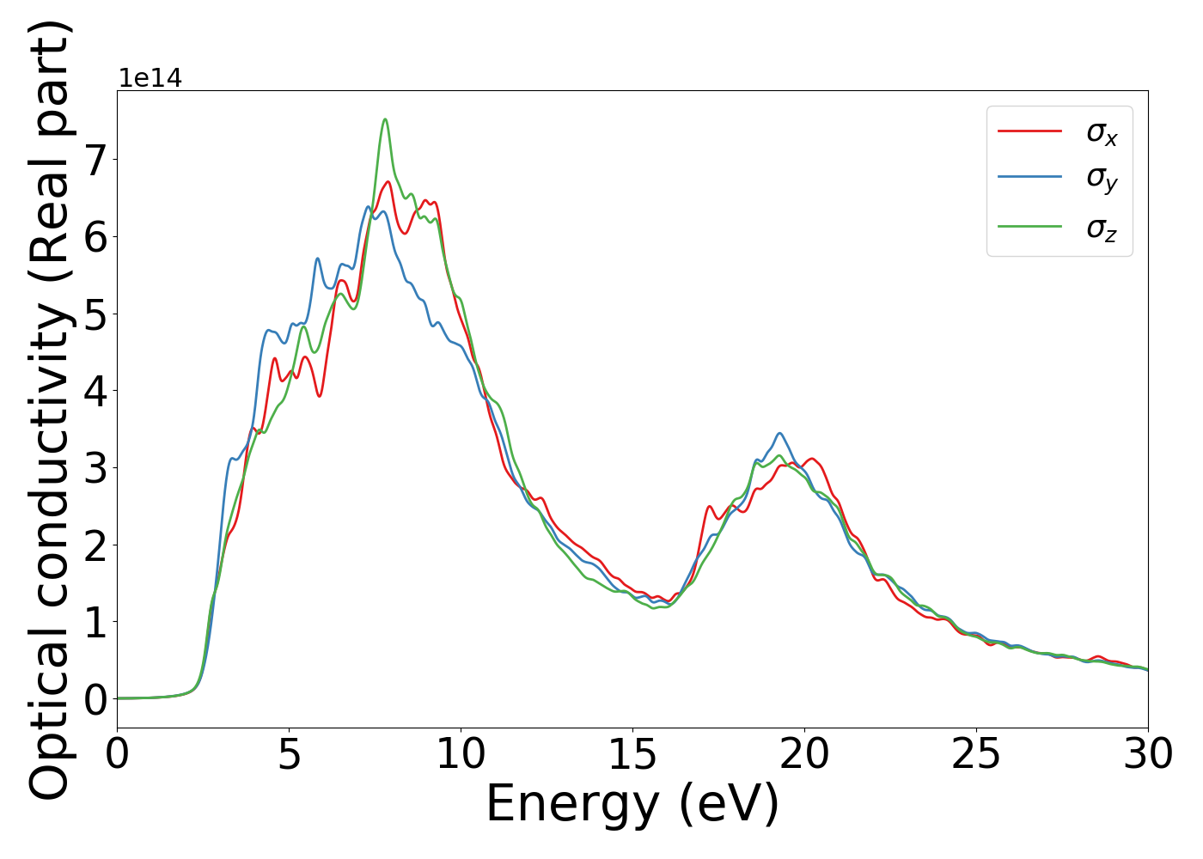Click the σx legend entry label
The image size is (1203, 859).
(x=1102, y=133)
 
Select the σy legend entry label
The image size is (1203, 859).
(x=1102, y=179)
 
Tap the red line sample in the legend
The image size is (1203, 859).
(x=1029, y=131)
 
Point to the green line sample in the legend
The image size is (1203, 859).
(x=1029, y=226)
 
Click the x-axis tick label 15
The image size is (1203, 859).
(x=632, y=755)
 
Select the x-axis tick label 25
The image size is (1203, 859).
(x=976, y=755)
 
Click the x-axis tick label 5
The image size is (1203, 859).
(x=290, y=755)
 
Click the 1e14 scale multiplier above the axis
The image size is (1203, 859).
(x=150, y=78)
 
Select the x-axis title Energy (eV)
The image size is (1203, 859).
(x=632, y=805)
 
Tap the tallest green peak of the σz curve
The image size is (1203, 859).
(x=385, y=119)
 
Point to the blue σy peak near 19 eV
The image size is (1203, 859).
(x=779, y=433)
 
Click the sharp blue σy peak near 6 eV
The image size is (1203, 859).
(x=317, y=258)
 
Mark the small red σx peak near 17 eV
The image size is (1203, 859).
(x=710, y=507)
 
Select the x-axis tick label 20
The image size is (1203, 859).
(x=804, y=755)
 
